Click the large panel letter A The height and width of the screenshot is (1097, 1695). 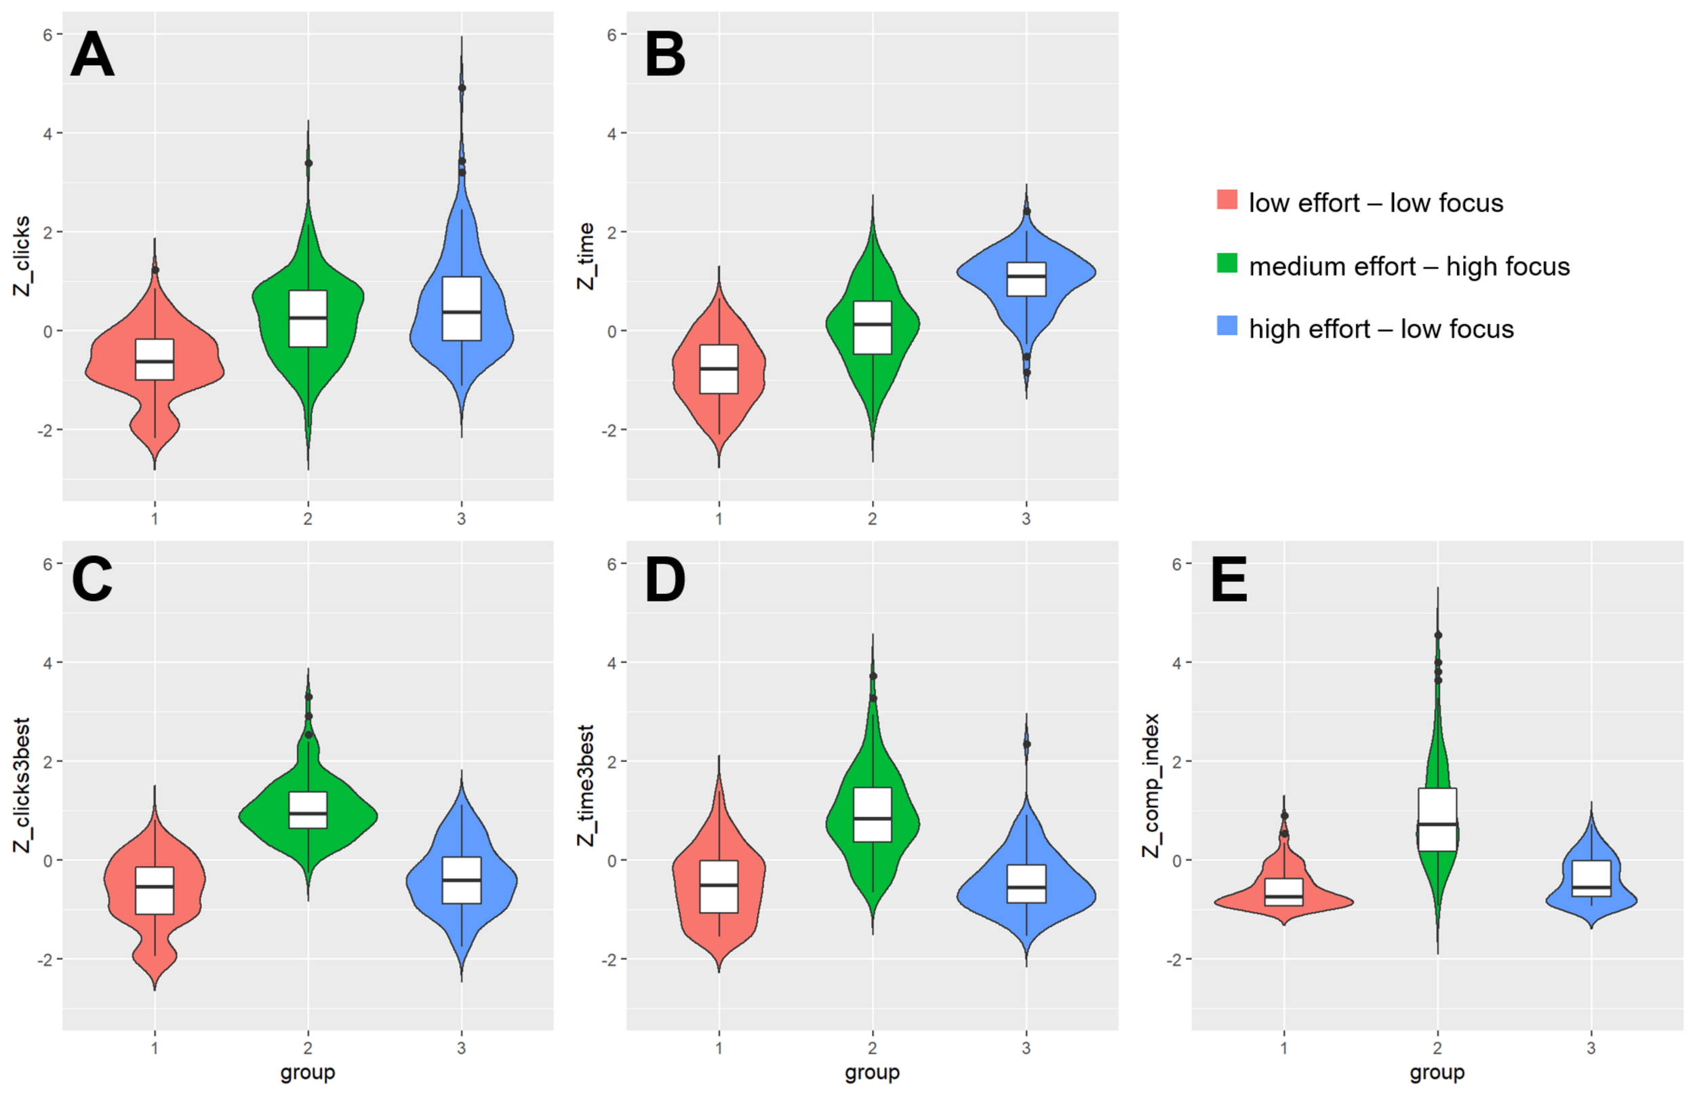point(92,56)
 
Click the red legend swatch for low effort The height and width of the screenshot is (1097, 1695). point(1227,199)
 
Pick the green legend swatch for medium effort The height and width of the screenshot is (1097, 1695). point(1227,264)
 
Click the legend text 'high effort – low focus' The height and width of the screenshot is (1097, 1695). point(1381,329)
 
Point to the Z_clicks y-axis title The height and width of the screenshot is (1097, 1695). point(23,256)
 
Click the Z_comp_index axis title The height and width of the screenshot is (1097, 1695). point(1152,785)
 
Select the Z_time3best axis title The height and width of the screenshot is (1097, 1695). point(586,785)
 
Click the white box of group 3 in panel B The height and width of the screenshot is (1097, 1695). point(1026,279)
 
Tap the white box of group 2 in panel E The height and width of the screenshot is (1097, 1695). point(1437,819)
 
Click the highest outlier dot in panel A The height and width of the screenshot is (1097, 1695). point(462,87)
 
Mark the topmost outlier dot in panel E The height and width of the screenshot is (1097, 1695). point(1438,635)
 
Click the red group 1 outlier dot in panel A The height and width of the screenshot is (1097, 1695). point(155,270)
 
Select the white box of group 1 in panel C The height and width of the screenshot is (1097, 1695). point(155,890)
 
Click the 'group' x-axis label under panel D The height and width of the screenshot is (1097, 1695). point(872,1072)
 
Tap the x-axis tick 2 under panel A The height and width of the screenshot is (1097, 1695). point(308,519)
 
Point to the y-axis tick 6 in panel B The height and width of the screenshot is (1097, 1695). point(612,34)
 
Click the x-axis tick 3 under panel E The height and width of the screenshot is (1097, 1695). point(1591,1048)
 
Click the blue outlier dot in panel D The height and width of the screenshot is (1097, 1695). point(1026,744)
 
